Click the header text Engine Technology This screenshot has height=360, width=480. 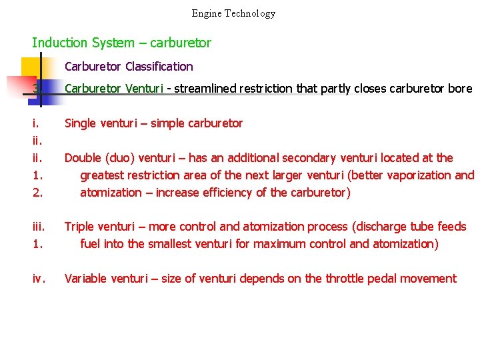pos(233,13)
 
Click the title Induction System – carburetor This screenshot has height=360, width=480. pos(121,43)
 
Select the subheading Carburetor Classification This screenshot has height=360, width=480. pos(129,67)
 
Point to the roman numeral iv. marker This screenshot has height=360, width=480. pos(39,279)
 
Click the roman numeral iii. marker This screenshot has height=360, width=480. pos(38,227)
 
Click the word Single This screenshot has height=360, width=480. pos(81,123)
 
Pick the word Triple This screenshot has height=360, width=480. pos(79,227)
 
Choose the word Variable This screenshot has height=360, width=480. pos(85,279)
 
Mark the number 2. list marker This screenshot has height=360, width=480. pos(37,193)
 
